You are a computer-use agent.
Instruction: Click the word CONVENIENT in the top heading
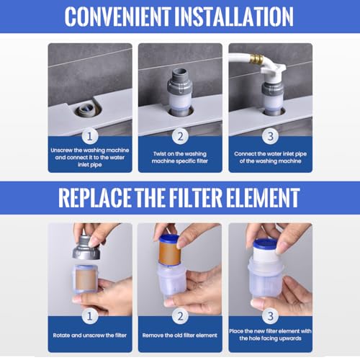pyautogui.click(x=118, y=17)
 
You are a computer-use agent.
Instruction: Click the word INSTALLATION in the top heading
pyautogui.click(x=234, y=17)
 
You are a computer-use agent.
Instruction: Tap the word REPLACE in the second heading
pyautogui.click(x=95, y=197)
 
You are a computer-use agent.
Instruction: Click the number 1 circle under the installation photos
pyautogui.click(x=90, y=137)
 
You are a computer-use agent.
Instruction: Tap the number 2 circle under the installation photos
pyautogui.click(x=180, y=137)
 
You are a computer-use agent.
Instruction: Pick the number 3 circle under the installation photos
pyautogui.click(x=271, y=137)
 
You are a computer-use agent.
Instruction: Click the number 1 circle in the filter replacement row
pyautogui.click(x=90, y=316)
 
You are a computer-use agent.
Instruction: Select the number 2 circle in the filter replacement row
pyautogui.click(x=180, y=316)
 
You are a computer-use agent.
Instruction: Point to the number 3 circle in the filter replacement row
pyautogui.click(x=271, y=316)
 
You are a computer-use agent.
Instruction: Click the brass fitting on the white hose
pyautogui.click(x=255, y=59)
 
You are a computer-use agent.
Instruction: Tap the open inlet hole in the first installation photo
pyautogui.click(x=87, y=110)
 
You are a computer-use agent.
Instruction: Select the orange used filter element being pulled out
pyautogui.click(x=169, y=251)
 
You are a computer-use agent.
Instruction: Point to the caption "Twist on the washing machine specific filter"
pyautogui.click(x=180, y=158)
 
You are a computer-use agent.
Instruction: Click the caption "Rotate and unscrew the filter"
pyautogui.click(x=90, y=336)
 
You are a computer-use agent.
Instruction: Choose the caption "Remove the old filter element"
pyautogui.click(x=180, y=336)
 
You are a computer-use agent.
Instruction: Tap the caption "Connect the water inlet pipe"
pyautogui.click(x=271, y=154)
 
